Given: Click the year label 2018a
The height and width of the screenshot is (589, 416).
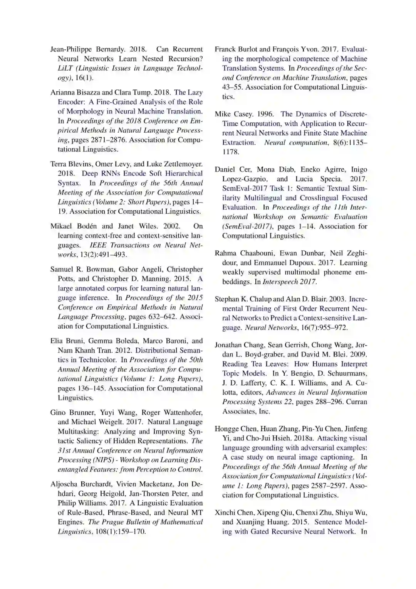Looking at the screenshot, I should click(304, 438).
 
